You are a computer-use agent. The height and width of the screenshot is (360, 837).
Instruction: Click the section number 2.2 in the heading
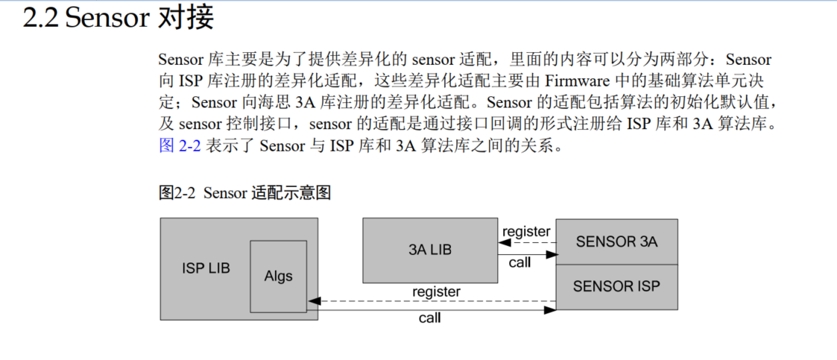click(41, 18)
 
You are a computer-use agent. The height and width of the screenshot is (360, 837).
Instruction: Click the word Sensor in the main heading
click(107, 18)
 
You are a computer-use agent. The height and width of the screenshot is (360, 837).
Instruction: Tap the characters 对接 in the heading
click(186, 18)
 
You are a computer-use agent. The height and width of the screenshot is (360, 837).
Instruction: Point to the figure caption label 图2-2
click(177, 193)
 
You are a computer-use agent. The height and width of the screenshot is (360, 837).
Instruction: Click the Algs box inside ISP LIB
click(278, 276)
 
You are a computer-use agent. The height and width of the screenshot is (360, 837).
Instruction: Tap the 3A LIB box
click(430, 250)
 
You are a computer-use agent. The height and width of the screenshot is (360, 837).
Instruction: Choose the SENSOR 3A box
click(616, 241)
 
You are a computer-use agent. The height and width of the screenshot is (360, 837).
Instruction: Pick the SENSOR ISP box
click(616, 285)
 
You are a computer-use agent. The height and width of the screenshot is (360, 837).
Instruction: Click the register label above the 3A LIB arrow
click(526, 232)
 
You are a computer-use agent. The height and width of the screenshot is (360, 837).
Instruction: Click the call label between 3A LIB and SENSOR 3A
click(519, 262)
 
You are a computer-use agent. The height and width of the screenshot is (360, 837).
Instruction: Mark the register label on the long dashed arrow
click(436, 291)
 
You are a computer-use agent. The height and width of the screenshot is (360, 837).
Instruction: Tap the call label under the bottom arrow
click(429, 318)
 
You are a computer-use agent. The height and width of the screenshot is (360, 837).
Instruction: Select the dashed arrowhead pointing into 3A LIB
click(503, 241)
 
